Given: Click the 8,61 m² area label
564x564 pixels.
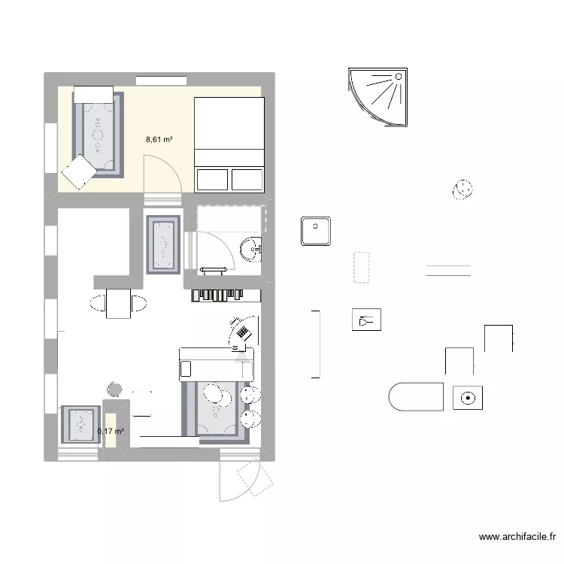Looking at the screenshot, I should (159, 139).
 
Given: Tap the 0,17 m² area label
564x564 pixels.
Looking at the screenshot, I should (111, 431).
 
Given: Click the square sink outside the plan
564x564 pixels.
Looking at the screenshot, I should (317, 231).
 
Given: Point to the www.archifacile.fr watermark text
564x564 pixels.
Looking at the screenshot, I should (517, 537).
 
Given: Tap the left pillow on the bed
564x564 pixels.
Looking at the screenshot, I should (211, 179).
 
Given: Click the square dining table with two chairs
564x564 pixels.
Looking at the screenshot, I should (120, 303).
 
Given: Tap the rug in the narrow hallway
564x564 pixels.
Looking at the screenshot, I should (163, 244).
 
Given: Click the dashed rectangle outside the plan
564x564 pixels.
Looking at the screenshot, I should (361, 267).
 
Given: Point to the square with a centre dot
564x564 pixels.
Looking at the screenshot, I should (468, 398).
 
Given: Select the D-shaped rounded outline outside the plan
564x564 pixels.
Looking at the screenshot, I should (417, 396).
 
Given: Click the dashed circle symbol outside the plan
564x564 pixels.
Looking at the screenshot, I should (463, 190).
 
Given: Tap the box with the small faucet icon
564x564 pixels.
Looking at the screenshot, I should (366, 320).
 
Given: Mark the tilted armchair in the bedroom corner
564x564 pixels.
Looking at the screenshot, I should (78, 172).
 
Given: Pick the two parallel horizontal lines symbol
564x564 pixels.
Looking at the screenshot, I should (448, 271).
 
